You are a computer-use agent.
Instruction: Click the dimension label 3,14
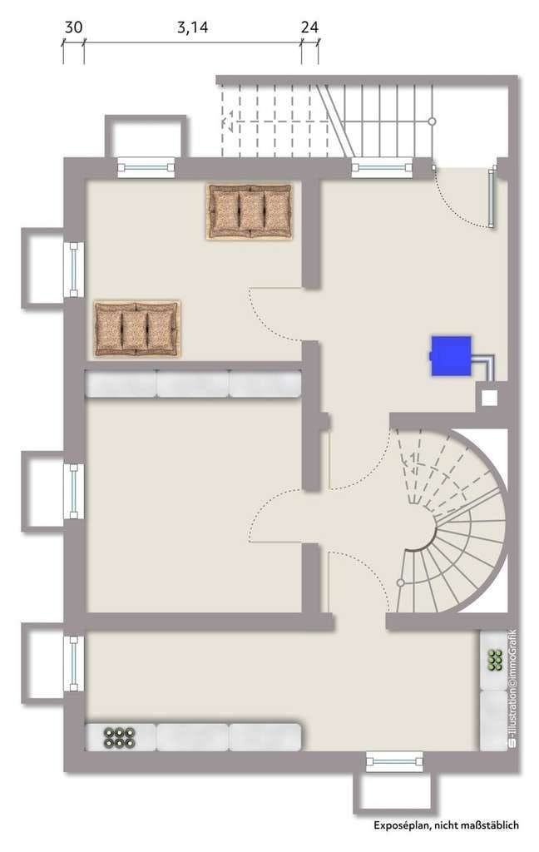192,27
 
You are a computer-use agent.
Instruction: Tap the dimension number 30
73,27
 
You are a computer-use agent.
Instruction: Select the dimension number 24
309,27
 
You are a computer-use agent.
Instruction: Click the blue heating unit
451,356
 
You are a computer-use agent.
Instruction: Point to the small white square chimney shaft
490,398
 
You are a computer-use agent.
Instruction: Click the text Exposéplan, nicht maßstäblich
446,825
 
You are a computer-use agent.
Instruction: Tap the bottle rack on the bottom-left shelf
120,737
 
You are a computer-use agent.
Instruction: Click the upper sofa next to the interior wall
250,211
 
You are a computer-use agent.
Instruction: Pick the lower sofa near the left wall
136,329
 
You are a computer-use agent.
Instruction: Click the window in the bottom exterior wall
394,760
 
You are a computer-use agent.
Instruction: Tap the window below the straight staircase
381,167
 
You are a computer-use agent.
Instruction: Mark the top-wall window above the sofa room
146,167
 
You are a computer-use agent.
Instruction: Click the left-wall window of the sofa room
74,270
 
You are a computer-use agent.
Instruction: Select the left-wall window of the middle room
74,491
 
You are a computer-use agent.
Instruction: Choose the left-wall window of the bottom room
74,663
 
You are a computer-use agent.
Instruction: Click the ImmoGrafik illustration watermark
512,690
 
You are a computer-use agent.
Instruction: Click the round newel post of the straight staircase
432,121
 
